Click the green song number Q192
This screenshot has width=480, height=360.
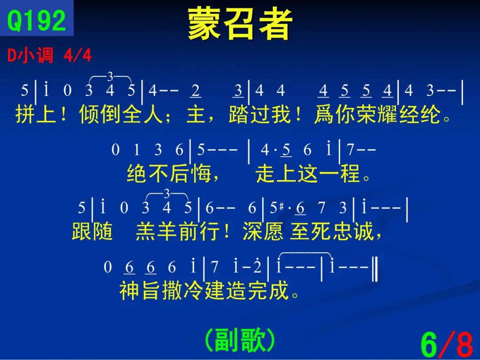pos(36,20)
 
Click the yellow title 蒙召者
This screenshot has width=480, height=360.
pos(240,24)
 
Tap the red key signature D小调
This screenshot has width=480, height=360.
pos(30,56)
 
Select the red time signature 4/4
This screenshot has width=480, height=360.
pos(77,56)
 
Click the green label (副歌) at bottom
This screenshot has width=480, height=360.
pos(240,340)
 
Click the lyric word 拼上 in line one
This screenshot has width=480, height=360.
pos(36,114)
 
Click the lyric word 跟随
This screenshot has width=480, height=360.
pos(92,231)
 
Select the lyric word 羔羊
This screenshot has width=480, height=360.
pos(156,231)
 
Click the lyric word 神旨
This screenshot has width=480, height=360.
pos(140,290)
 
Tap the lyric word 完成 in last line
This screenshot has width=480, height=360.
pos(268,290)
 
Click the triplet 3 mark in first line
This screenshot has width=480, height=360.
pos(110,76)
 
